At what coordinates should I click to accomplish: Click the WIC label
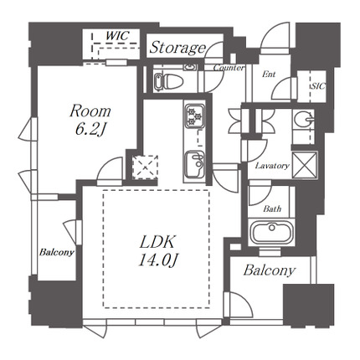tap(118, 36)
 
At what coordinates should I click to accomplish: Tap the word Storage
tap(177, 48)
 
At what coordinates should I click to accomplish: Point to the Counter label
tap(229, 68)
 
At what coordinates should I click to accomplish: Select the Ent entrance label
tap(269, 75)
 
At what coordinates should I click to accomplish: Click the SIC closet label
tap(318, 86)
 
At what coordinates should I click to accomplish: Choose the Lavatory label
tap(272, 166)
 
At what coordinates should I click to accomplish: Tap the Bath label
tap(272, 208)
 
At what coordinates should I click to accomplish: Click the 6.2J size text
tap(90, 130)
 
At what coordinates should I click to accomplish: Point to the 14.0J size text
tap(158, 260)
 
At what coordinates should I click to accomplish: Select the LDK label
tap(157, 242)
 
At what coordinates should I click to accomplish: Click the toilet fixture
tap(168, 81)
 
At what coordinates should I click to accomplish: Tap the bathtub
tap(271, 233)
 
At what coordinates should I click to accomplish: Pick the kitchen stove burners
tap(194, 116)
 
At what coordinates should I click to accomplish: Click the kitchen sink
tap(194, 166)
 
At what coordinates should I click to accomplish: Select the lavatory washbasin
tap(304, 120)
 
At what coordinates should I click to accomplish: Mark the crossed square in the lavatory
tap(305, 165)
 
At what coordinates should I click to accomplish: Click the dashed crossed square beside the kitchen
tap(145, 167)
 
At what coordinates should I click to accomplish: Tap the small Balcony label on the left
tap(57, 253)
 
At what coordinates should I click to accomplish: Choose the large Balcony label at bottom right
tap(270, 270)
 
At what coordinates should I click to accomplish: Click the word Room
tap(90, 111)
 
